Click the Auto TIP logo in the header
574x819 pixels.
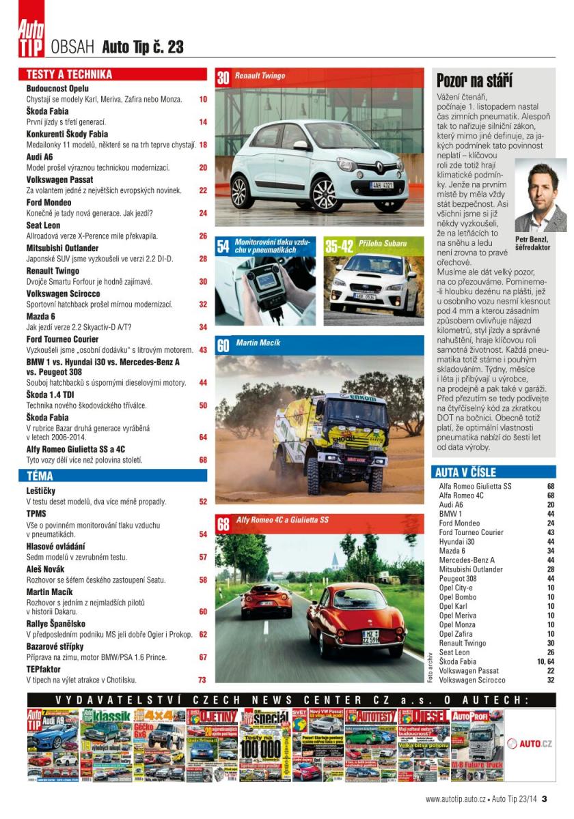pos(32,38)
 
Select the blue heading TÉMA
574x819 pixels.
pos(40,476)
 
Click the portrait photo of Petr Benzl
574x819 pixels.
pos(540,196)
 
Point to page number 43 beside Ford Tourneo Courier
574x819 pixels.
pos(203,350)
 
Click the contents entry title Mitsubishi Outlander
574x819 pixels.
pos(62,248)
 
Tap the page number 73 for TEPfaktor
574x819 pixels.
pos(202,680)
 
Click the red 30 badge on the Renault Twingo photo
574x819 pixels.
pos(223,77)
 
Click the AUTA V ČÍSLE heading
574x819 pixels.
pos(466,472)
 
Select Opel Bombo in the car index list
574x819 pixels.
pos(458,597)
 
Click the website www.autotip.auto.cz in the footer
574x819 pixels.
pos(455,799)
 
